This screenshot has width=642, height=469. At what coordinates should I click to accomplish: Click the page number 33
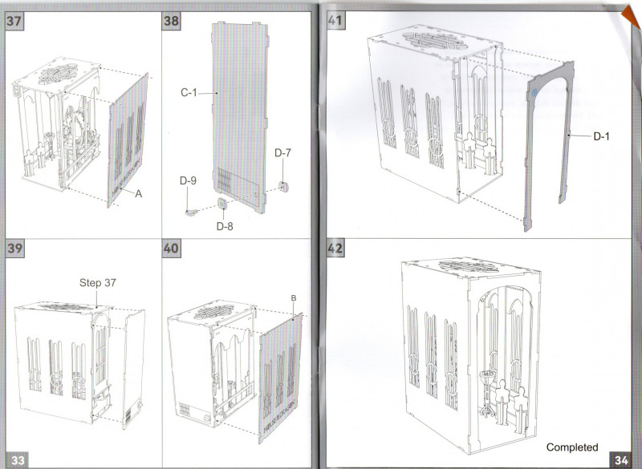18,459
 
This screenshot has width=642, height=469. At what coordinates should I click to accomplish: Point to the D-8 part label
226,225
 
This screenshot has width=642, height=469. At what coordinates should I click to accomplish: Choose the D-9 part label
187,182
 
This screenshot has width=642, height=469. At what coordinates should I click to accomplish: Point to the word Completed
572,447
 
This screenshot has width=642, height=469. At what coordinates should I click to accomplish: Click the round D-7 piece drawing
282,186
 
